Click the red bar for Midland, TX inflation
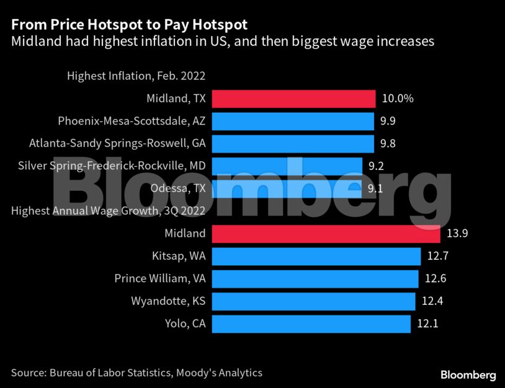293,99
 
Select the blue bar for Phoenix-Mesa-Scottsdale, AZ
293,121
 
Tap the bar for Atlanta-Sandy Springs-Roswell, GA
293,144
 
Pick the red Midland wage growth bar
326,234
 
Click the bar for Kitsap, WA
316,256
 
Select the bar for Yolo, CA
311,324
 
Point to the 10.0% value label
397,99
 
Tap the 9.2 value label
375,166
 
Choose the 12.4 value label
432,301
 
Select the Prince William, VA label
160,278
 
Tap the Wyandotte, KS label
168,301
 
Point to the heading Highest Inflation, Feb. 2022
136,76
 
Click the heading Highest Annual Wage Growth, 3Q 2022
108,211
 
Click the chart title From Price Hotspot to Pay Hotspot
129,25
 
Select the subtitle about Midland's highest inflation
222,42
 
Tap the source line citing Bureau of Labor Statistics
136,373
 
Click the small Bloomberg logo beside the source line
468,375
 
